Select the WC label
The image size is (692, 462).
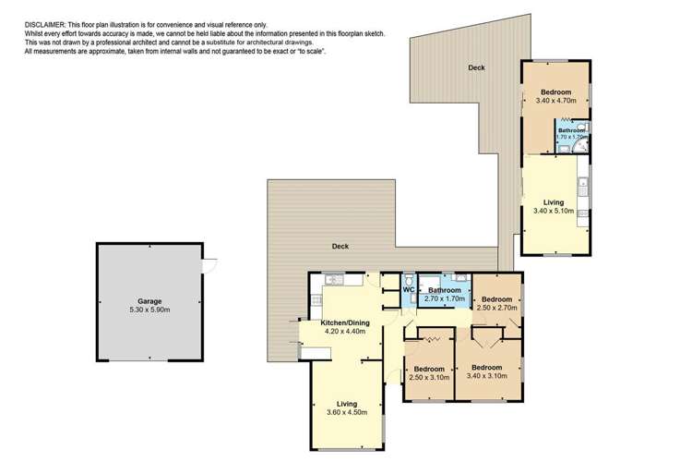click(409, 290)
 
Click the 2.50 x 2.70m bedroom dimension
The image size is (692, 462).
click(496, 309)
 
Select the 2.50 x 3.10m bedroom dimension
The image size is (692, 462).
click(428, 377)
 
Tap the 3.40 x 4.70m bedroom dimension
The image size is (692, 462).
click(555, 103)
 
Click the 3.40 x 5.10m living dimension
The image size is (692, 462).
click(554, 211)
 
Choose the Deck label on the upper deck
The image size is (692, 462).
click(476, 68)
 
